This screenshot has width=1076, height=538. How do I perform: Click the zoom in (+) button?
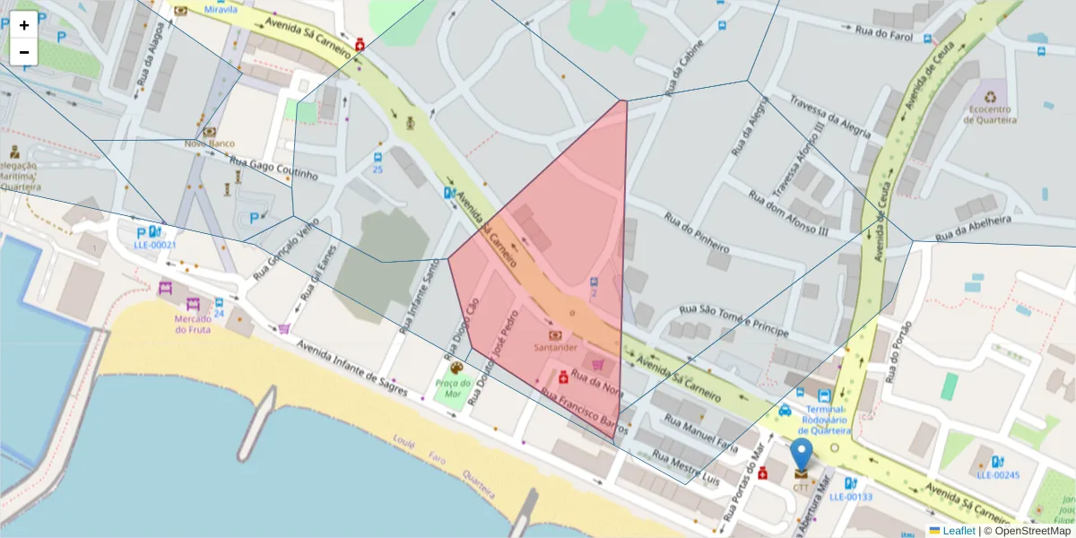click(24, 25)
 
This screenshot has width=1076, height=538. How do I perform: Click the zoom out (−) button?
click(24, 52)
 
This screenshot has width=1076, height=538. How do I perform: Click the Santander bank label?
click(556, 347)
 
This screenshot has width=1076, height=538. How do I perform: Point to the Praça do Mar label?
click(453, 388)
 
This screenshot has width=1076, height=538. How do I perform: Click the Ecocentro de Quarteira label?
click(989, 115)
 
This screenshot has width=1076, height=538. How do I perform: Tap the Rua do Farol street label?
click(883, 34)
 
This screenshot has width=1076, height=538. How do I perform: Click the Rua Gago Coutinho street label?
click(274, 168)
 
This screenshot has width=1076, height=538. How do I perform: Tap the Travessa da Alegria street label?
click(829, 117)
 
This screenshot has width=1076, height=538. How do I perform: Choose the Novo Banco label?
click(209, 143)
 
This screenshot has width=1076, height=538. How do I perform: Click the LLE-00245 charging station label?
click(999, 475)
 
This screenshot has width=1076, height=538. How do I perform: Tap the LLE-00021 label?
click(155, 245)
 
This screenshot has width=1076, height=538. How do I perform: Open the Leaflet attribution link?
click(959, 531)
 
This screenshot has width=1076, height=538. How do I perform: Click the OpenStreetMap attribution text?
click(1032, 531)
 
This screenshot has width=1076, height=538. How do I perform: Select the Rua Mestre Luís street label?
click(686, 465)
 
